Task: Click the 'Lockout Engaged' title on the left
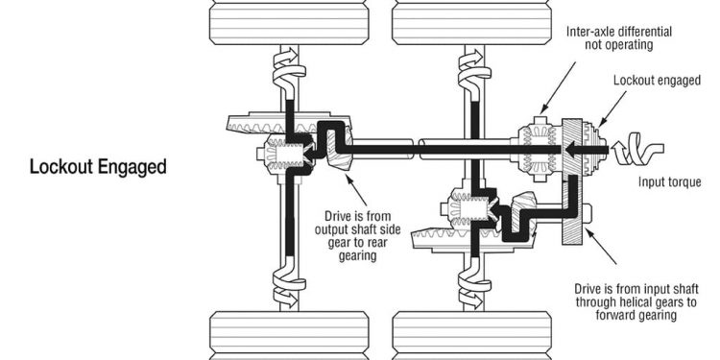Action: click(x=98, y=167)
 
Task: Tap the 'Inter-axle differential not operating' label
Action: click(x=618, y=38)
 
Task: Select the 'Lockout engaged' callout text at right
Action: click(x=657, y=81)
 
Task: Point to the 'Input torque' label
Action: click(x=670, y=181)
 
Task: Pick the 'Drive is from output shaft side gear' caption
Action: click(x=357, y=235)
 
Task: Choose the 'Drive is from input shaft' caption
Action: click(x=636, y=301)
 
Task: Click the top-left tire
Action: click(x=289, y=23)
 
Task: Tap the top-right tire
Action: click(x=472, y=23)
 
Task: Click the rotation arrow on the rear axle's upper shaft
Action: click(x=289, y=70)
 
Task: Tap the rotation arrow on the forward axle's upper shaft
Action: click(x=474, y=70)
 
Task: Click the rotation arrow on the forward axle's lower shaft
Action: click(x=474, y=285)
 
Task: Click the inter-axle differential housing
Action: click(x=539, y=149)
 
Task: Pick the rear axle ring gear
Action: click(x=288, y=123)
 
